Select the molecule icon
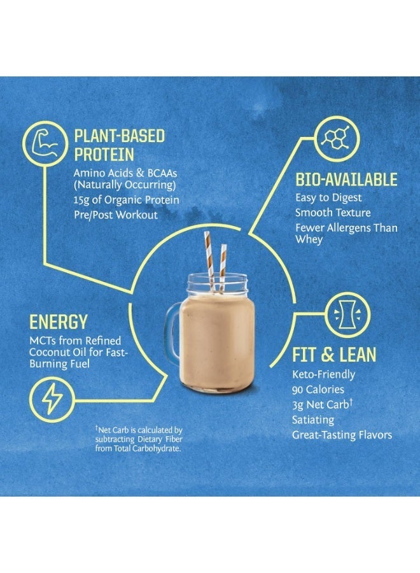tap(333, 139)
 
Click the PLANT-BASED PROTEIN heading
tap(119, 145)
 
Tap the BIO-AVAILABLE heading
tap(346, 180)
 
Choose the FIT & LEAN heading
tap(333, 354)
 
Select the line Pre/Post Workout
tap(115, 215)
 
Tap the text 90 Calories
tap(318, 389)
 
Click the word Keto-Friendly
tap(323, 374)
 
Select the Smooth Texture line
tap(332, 213)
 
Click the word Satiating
tap(312, 420)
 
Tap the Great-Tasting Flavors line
tap(342, 435)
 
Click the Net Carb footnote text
tap(139, 439)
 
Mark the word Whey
tap(309, 239)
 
